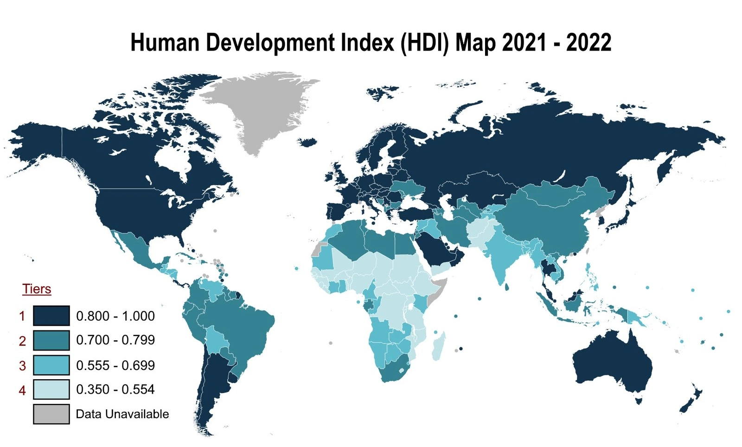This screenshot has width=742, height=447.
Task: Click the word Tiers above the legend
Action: pos(37,289)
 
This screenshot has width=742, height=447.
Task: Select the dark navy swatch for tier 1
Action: pos(51,316)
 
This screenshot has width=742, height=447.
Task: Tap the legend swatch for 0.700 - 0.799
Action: pos(51,340)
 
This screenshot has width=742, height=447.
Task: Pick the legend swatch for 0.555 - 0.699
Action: pos(51,365)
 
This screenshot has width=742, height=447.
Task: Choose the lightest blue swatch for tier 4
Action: pos(51,389)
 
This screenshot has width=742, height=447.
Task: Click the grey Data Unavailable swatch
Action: pos(51,414)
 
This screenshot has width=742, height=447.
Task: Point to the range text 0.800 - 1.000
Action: pos(115,316)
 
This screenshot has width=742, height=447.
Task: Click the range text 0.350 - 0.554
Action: pos(115,389)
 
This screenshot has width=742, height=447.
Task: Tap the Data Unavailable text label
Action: pos(122,414)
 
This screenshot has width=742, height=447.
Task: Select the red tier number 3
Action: pos(22,366)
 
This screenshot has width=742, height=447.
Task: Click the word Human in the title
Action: pos(165,43)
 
